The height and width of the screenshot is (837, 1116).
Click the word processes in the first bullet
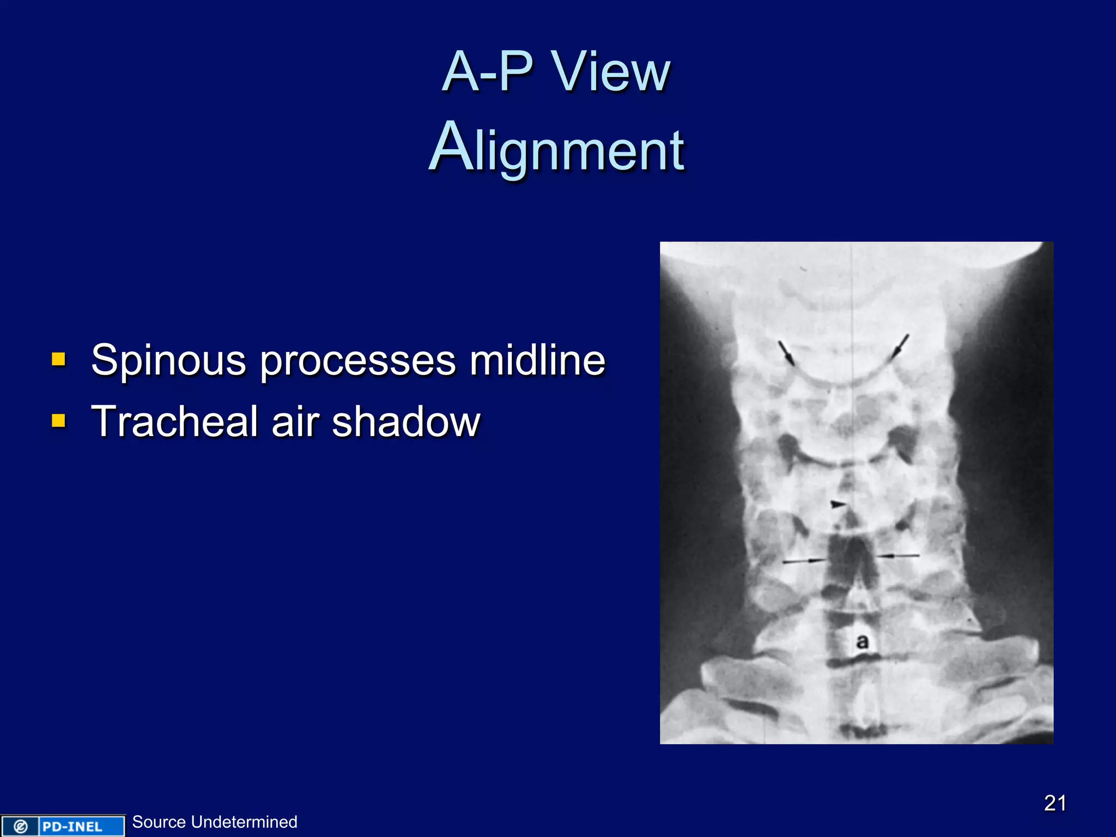click(357, 361)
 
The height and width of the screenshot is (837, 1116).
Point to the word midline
click(537, 361)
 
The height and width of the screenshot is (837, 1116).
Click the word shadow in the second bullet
click(406, 422)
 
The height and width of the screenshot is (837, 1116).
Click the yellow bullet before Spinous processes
click(59, 359)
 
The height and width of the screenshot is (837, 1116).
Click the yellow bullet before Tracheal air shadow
click(59, 420)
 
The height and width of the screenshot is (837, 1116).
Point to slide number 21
click(1055, 803)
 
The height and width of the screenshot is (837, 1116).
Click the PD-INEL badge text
click(72, 827)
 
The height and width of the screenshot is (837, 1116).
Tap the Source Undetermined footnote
click(215, 822)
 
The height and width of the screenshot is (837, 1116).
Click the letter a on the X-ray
click(862, 641)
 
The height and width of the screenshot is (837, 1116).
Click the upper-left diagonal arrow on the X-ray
click(786, 352)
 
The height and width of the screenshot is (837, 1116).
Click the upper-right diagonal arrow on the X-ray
click(900, 347)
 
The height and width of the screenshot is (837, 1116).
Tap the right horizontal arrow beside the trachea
click(897, 556)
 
